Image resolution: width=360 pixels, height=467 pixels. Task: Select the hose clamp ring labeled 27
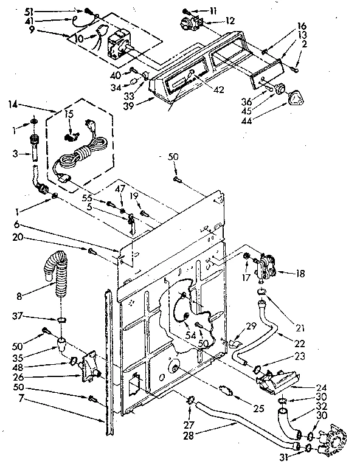(x=190, y=401)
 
